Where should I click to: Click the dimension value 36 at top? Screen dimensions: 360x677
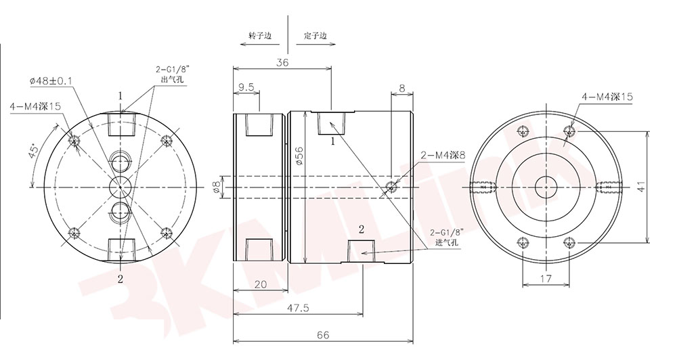282,62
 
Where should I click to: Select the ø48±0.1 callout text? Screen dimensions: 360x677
51,81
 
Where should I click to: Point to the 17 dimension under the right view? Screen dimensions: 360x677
546,278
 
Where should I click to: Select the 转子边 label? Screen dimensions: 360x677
259,35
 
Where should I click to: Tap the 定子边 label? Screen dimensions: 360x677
315,35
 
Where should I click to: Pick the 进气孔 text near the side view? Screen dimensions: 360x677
443,242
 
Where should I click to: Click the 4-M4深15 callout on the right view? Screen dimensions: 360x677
607,97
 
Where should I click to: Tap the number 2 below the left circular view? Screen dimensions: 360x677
121,278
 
